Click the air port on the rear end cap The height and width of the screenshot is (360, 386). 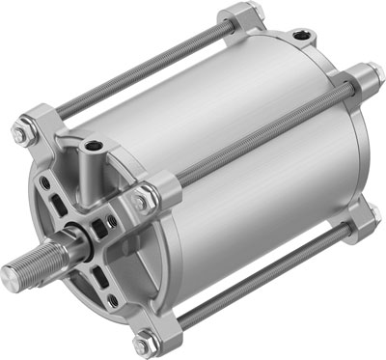(x=308, y=36)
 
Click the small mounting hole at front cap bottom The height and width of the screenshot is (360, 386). (x=114, y=300)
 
